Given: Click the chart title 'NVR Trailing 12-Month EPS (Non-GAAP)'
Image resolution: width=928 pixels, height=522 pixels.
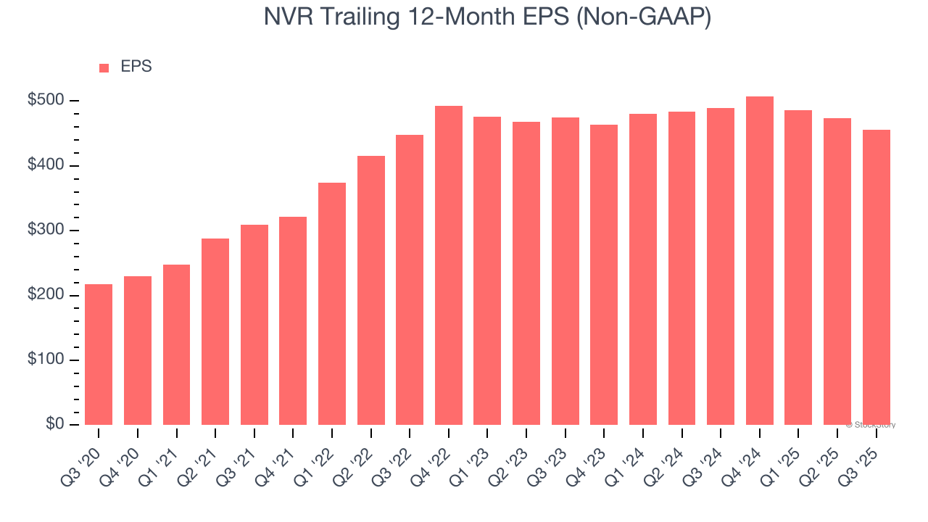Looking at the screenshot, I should click(487, 17).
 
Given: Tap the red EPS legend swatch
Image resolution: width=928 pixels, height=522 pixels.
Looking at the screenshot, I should click(104, 67).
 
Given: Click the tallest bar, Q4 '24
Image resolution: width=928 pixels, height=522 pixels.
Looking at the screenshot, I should click(759, 260).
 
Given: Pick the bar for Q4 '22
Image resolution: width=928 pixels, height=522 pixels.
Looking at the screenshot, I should click(448, 265).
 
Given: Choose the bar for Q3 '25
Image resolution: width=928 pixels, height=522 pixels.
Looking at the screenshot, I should click(876, 277).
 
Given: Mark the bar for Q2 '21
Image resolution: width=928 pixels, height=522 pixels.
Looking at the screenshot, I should click(215, 331).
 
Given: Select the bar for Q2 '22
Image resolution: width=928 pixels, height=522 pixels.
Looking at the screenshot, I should click(370, 290).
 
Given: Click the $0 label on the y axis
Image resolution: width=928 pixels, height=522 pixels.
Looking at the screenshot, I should click(54, 424).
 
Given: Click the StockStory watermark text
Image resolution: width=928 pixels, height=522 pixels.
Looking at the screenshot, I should click(871, 425).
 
